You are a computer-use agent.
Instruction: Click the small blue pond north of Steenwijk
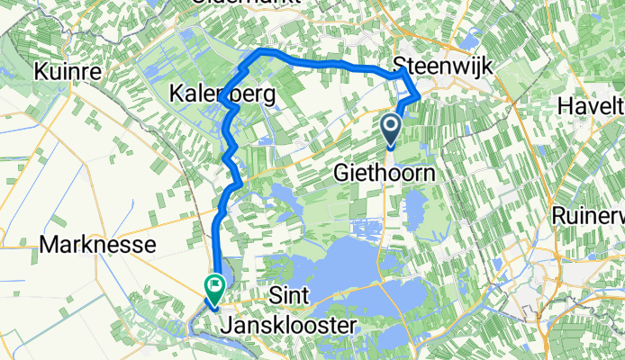click(468, 38)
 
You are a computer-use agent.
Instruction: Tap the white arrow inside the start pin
click(392, 125)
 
